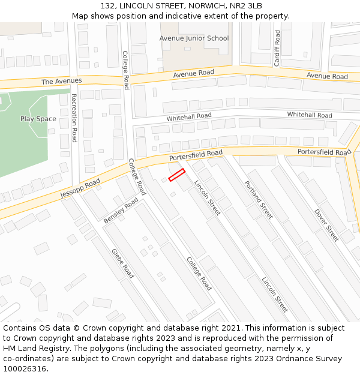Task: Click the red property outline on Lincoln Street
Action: [x=176, y=175]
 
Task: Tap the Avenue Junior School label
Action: [x=194, y=38]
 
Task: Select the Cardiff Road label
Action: [x=277, y=48]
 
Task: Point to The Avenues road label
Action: [x=61, y=81]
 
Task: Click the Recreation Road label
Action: [x=74, y=118]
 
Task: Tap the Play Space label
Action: [x=38, y=119]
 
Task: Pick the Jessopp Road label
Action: [x=80, y=190]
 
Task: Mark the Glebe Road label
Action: [x=122, y=263]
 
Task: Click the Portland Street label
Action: [x=259, y=199]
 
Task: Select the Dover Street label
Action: [x=327, y=225]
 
